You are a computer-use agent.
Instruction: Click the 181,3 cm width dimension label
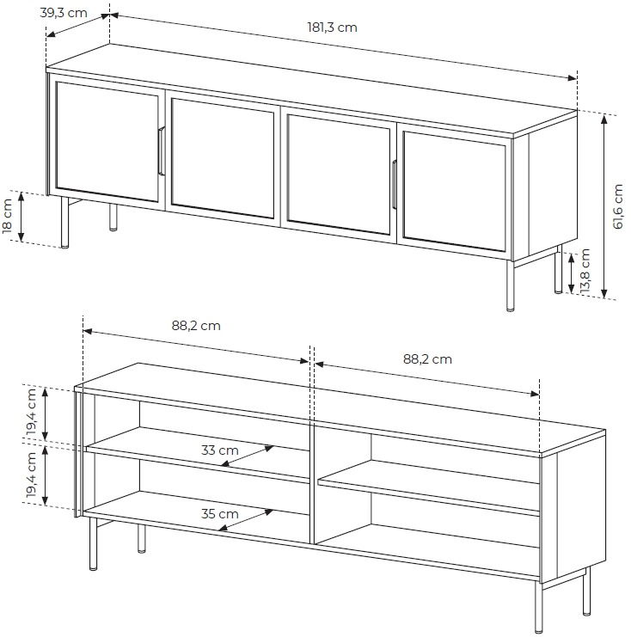pos(332,28)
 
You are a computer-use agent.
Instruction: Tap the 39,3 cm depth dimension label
pos(64,13)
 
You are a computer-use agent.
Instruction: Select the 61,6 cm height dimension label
pos(617,207)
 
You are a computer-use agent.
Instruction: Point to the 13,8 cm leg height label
pos(585,271)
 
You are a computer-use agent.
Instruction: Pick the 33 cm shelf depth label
pos(220,450)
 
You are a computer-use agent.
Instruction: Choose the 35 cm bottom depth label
pos(220,514)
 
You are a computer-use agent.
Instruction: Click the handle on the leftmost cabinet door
pos(161,150)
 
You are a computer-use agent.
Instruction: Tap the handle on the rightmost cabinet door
pos(394,185)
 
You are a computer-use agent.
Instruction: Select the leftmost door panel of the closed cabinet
pos(107,142)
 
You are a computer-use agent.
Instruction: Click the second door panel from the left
pos(223,158)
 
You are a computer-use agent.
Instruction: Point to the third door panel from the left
pos(339,175)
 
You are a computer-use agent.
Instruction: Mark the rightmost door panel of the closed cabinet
pos(454,192)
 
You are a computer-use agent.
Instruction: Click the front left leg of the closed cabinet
pos(64,222)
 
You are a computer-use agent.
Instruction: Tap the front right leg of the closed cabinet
pos(511,285)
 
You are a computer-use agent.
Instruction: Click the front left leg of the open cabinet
pos(93,543)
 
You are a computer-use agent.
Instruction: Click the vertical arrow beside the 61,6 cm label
pos(604,206)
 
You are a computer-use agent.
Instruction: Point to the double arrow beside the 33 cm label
pos(247,456)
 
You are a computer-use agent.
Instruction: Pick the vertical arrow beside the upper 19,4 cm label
pos(45,413)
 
